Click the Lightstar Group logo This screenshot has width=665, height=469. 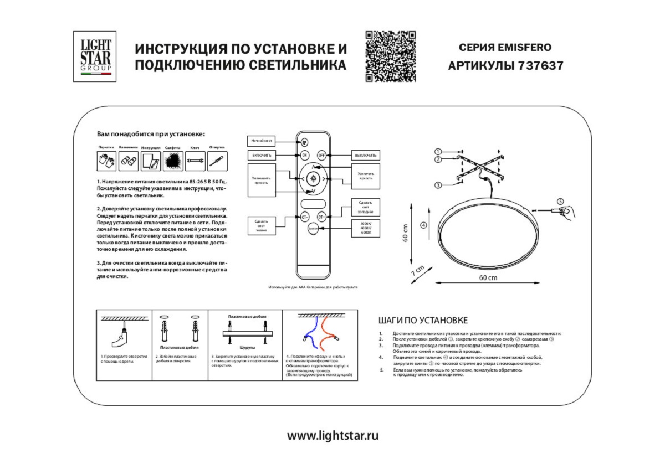[95, 56]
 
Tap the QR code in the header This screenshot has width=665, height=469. [390, 56]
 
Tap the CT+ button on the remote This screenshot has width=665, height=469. [321, 217]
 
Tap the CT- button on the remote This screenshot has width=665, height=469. [305, 217]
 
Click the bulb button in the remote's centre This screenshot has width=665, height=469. [313, 178]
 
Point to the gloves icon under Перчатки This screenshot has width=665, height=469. [106, 161]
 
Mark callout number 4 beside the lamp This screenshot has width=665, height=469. [423, 225]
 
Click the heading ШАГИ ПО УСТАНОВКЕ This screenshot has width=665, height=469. [423, 321]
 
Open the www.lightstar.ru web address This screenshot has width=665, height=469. [332, 435]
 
